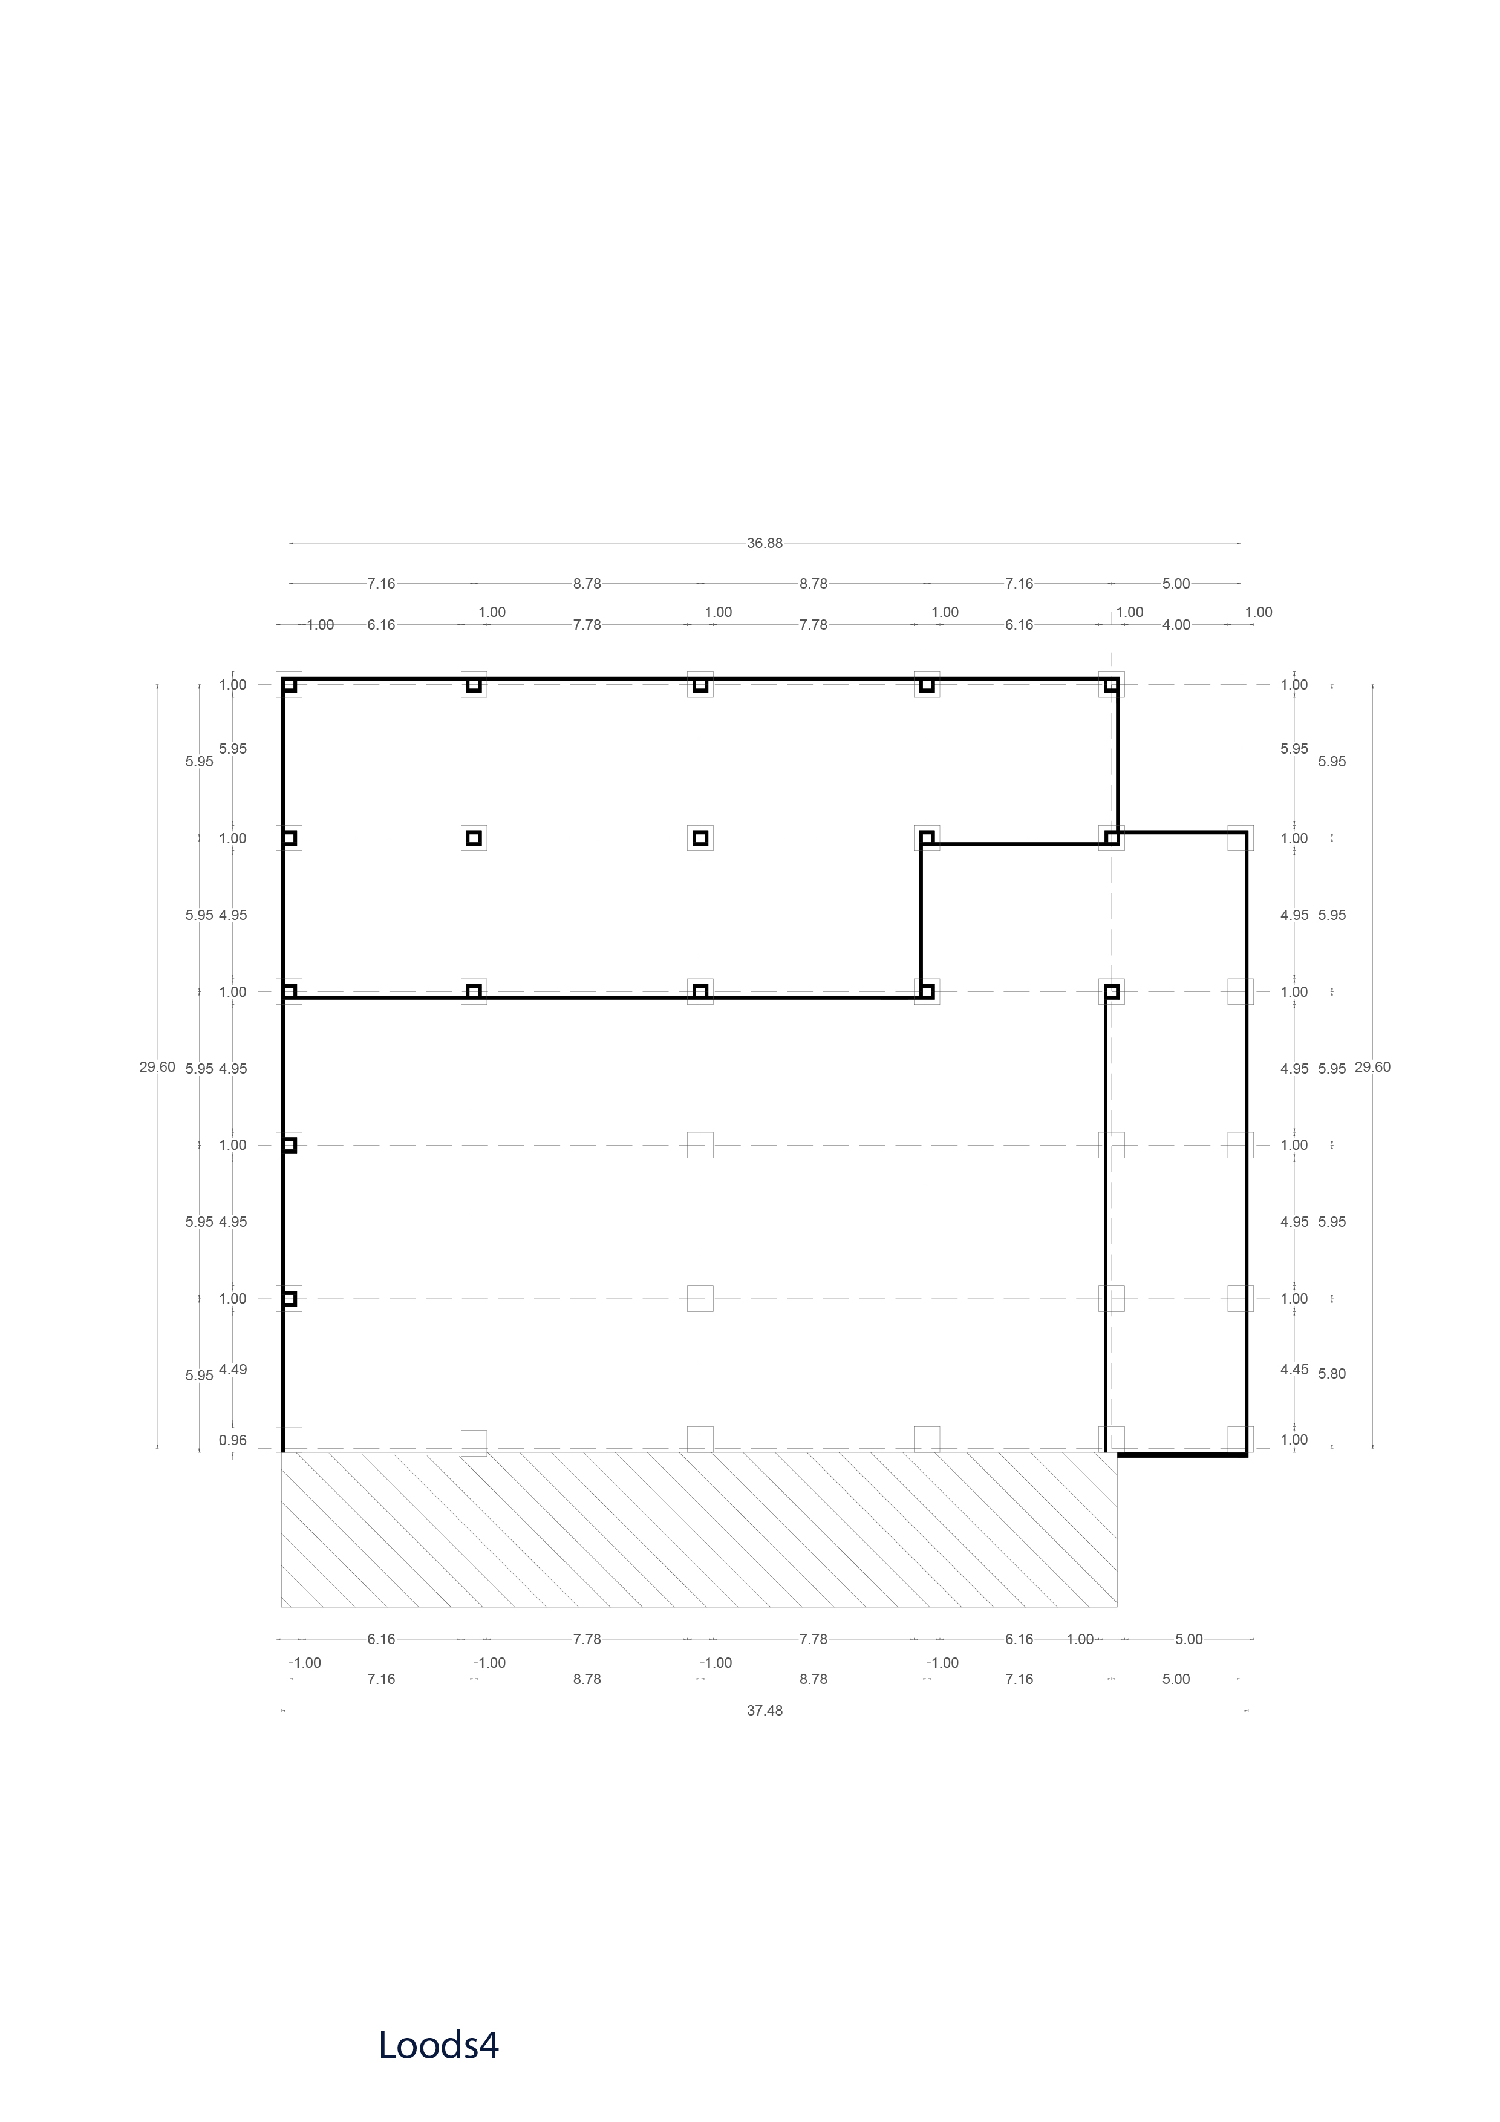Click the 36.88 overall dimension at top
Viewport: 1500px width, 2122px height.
pyautogui.click(x=765, y=543)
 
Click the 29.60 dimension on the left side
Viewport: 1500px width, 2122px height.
pyautogui.click(x=157, y=1068)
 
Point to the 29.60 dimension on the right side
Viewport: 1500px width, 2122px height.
pyautogui.click(x=1372, y=1068)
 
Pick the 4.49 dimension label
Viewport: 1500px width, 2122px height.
pyautogui.click(x=233, y=1370)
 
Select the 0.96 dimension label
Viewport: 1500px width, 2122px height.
pyautogui.click(x=233, y=1440)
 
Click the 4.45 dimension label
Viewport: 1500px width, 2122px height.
pyautogui.click(x=1294, y=1370)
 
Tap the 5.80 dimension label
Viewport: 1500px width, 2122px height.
pyautogui.click(x=1332, y=1373)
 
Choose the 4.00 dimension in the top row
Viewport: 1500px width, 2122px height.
pyautogui.click(x=1176, y=625)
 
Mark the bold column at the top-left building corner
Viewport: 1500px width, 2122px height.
pyautogui.click(x=289, y=685)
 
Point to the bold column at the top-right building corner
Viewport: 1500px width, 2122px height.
pyautogui.click(x=1112, y=685)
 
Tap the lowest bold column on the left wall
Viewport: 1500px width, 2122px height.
pyautogui.click(x=289, y=1299)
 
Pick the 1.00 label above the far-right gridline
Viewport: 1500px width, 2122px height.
pyautogui.click(x=1259, y=612)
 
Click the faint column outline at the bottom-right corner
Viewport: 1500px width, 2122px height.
pyautogui.click(x=1241, y=1439)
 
